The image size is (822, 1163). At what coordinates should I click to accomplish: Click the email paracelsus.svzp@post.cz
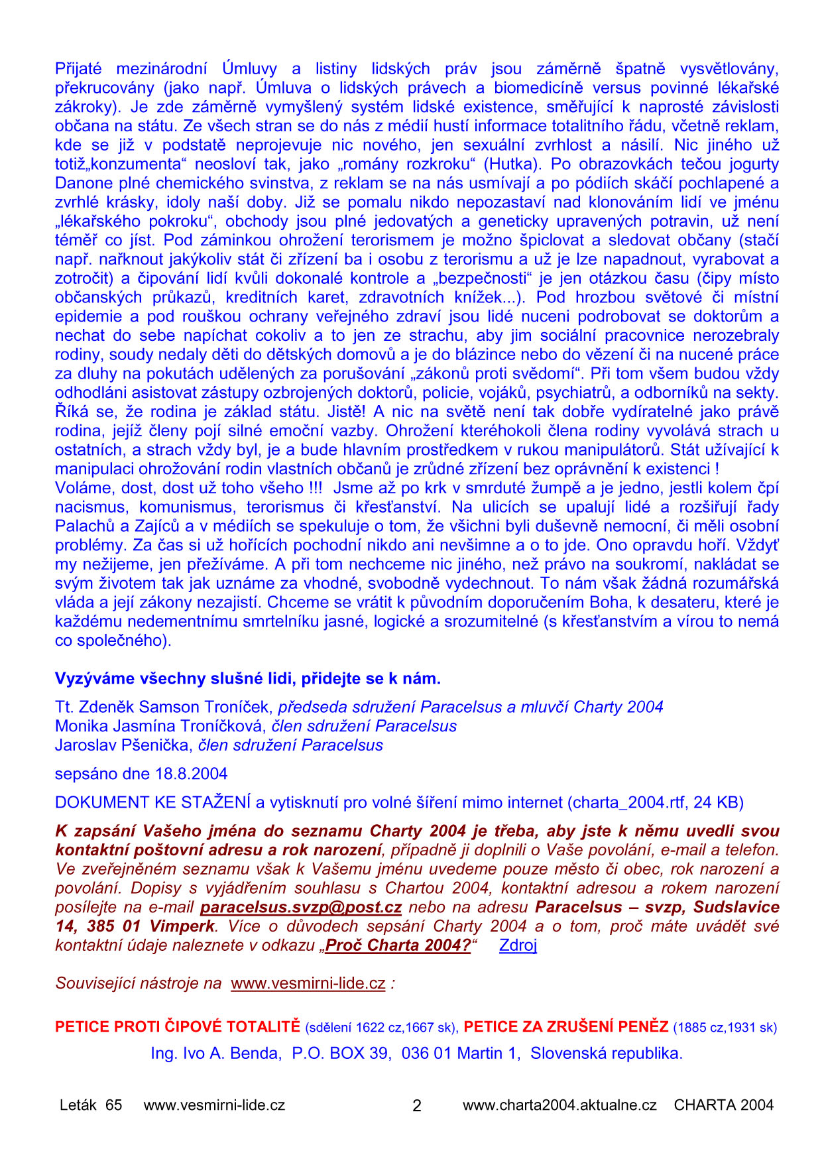(301, 907)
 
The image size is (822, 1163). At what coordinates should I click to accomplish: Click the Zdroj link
(518, 946)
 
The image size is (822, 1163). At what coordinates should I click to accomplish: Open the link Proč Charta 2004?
(398, 946)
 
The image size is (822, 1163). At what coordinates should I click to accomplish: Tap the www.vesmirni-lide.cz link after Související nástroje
(308, 983)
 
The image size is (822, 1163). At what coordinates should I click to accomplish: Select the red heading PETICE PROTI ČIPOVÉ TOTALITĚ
(178, 1027)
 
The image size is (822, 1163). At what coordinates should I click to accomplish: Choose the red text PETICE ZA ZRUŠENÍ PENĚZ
(565, 1027)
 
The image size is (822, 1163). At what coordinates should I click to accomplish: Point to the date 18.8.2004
(192, 774)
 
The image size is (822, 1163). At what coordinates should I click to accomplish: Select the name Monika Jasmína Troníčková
(159, 726)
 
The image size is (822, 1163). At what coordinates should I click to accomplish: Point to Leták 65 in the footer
(91, 1105)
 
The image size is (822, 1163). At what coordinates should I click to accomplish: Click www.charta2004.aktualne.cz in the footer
(559, 1105)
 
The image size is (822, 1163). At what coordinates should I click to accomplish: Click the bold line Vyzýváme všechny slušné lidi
(247, 679)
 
